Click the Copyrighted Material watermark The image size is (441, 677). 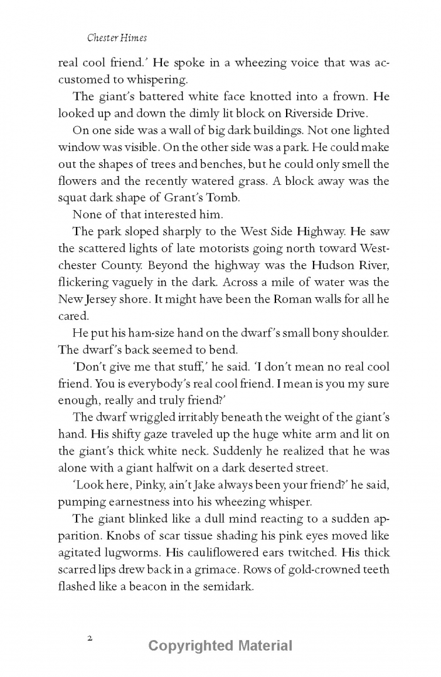pos(220,646)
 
